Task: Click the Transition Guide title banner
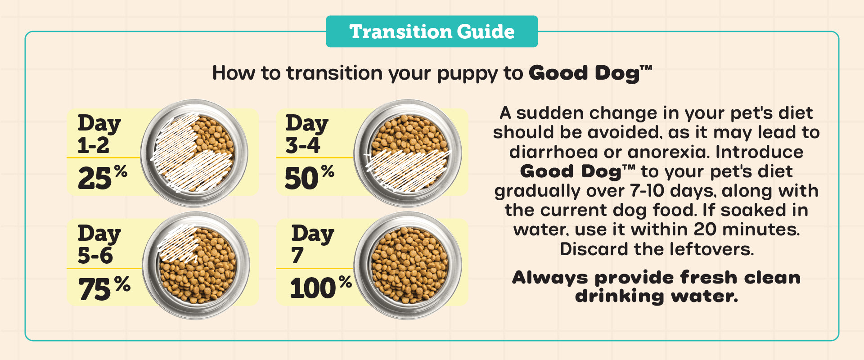(432, 31)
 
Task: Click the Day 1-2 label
(99, 134)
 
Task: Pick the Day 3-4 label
(307, 134)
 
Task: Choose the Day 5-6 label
(99, 244)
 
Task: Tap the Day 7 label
(313, 244)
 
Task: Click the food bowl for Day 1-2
(194, 153)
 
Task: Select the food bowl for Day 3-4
(408, 153)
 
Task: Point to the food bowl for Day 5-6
(196, 265)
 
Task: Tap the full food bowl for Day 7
(408, 265)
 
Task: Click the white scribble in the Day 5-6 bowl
(178, 243)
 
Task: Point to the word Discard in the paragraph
(590, 249)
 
